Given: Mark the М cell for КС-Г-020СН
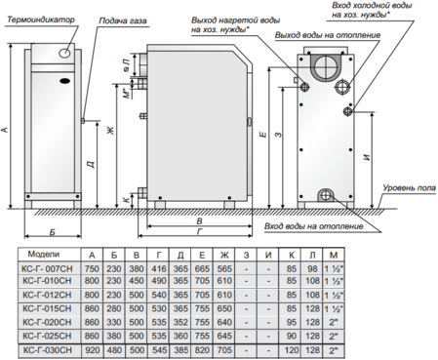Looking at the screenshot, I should click(x=338, y=321).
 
